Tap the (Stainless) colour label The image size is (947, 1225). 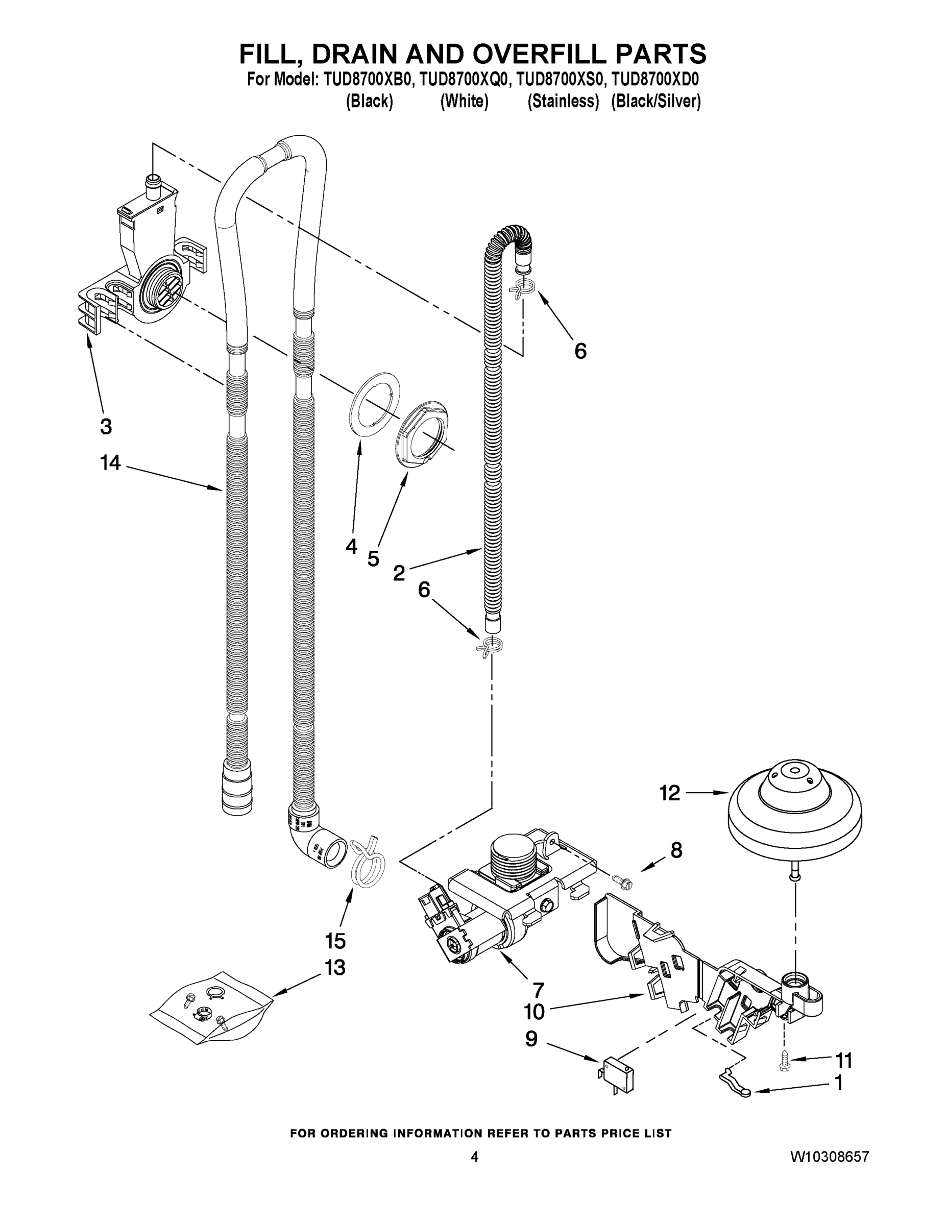point(563,102)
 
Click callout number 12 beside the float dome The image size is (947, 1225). point(669,793)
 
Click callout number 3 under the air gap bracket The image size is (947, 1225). point(106,426)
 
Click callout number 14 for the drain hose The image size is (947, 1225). point(110,463)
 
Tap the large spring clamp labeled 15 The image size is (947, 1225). point(368,865)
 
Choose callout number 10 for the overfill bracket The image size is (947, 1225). point(534,1012)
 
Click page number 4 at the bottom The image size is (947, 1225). point(475,1172)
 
